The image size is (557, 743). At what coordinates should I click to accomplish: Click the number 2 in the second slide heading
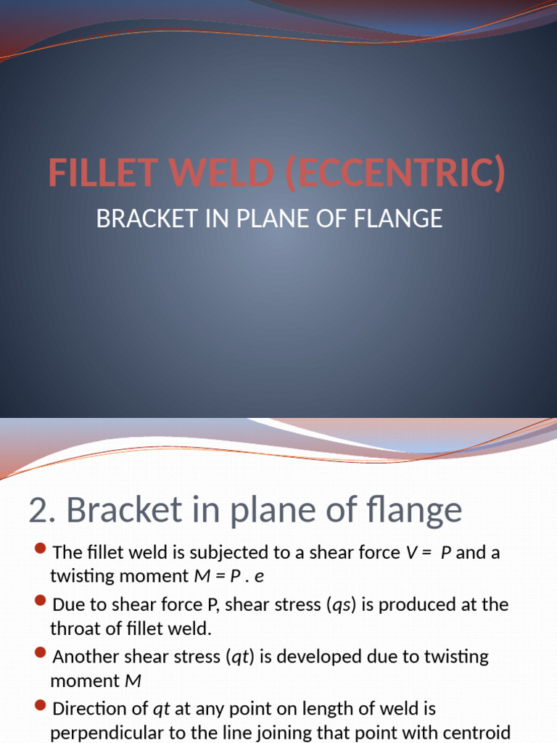pyautogui.click(x=38, y=510)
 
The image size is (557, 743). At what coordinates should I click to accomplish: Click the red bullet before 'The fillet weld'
pyautogui.click(x=41, y=548)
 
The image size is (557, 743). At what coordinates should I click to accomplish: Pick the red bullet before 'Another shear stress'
pyautogui.click(x=41, y=652)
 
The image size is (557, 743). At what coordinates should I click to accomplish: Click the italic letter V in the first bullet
pyautogui.click(x=412, y=553)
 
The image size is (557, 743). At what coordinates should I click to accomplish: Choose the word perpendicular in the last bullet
pyautogui.click(x=109, y=732)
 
